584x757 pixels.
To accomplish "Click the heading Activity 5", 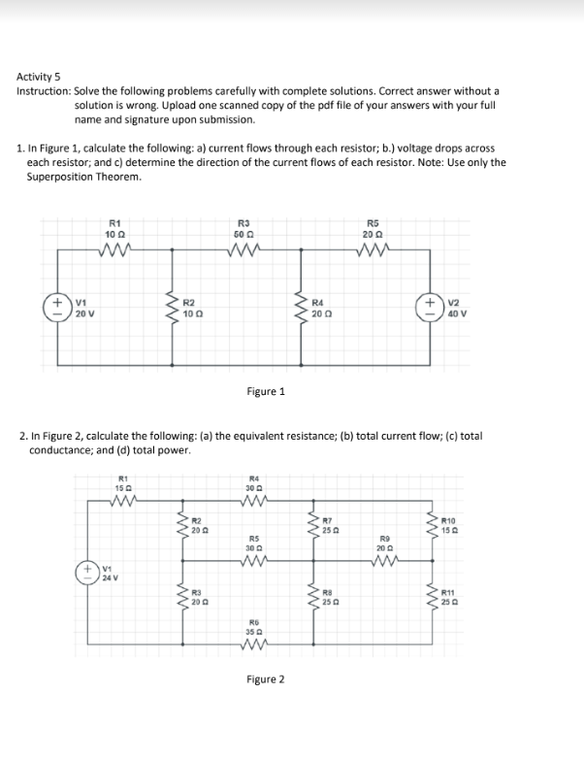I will coord(39,76).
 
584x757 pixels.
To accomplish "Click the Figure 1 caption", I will coord(267,392).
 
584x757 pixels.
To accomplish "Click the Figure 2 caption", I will coord(266,679).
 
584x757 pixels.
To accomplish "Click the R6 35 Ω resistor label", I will coord(254,626).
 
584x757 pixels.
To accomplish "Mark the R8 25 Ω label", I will coord(326,598).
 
